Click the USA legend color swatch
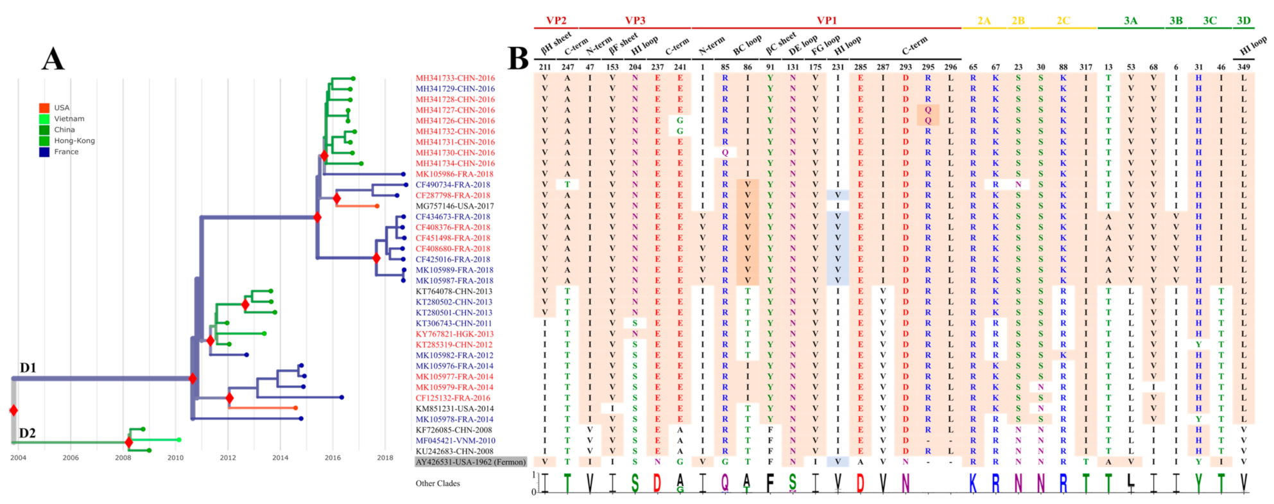(x=44, y=108)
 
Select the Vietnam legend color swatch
(x=44, y=119)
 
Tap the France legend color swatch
(x=44, y=152)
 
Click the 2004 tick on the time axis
(x=18, y=458)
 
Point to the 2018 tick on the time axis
(x=385, y=458)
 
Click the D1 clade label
(x=28, y=368)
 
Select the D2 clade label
(x=27, y=433)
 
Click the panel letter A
(x=53, y=59)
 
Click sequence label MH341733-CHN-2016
(x=455, y=78)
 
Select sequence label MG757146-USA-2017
(x=455, y=206)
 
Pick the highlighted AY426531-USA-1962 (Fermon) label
(x=470, y=462)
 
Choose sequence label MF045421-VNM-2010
(x=455, y=441)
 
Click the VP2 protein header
(x=556, y=21)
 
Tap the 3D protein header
(x=1244, y=21)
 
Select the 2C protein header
(x=1063, y=21)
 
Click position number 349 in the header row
(x=1244, y=67)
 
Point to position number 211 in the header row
(x=545, y=67)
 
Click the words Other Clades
(x=438, y=483)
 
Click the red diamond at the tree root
(x=13, y=410)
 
